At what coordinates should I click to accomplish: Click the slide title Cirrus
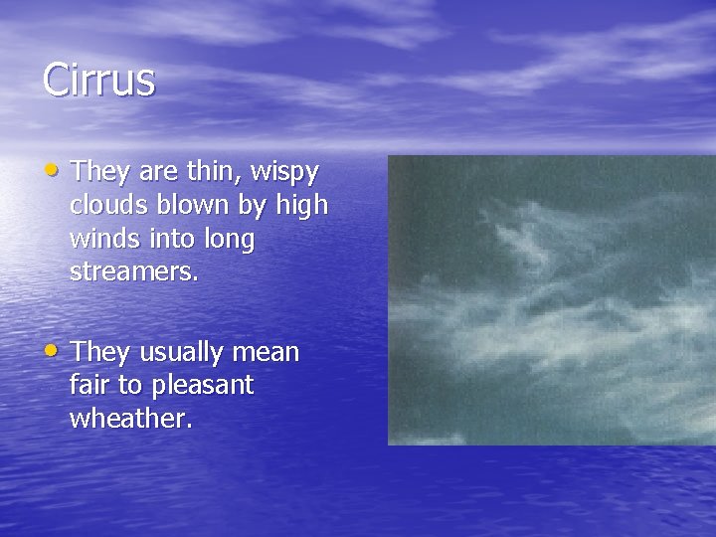click(99, 80)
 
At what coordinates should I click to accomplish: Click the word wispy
click(284, 173)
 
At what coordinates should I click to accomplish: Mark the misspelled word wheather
click(129, 419)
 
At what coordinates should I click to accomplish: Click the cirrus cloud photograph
click(551, 299)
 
